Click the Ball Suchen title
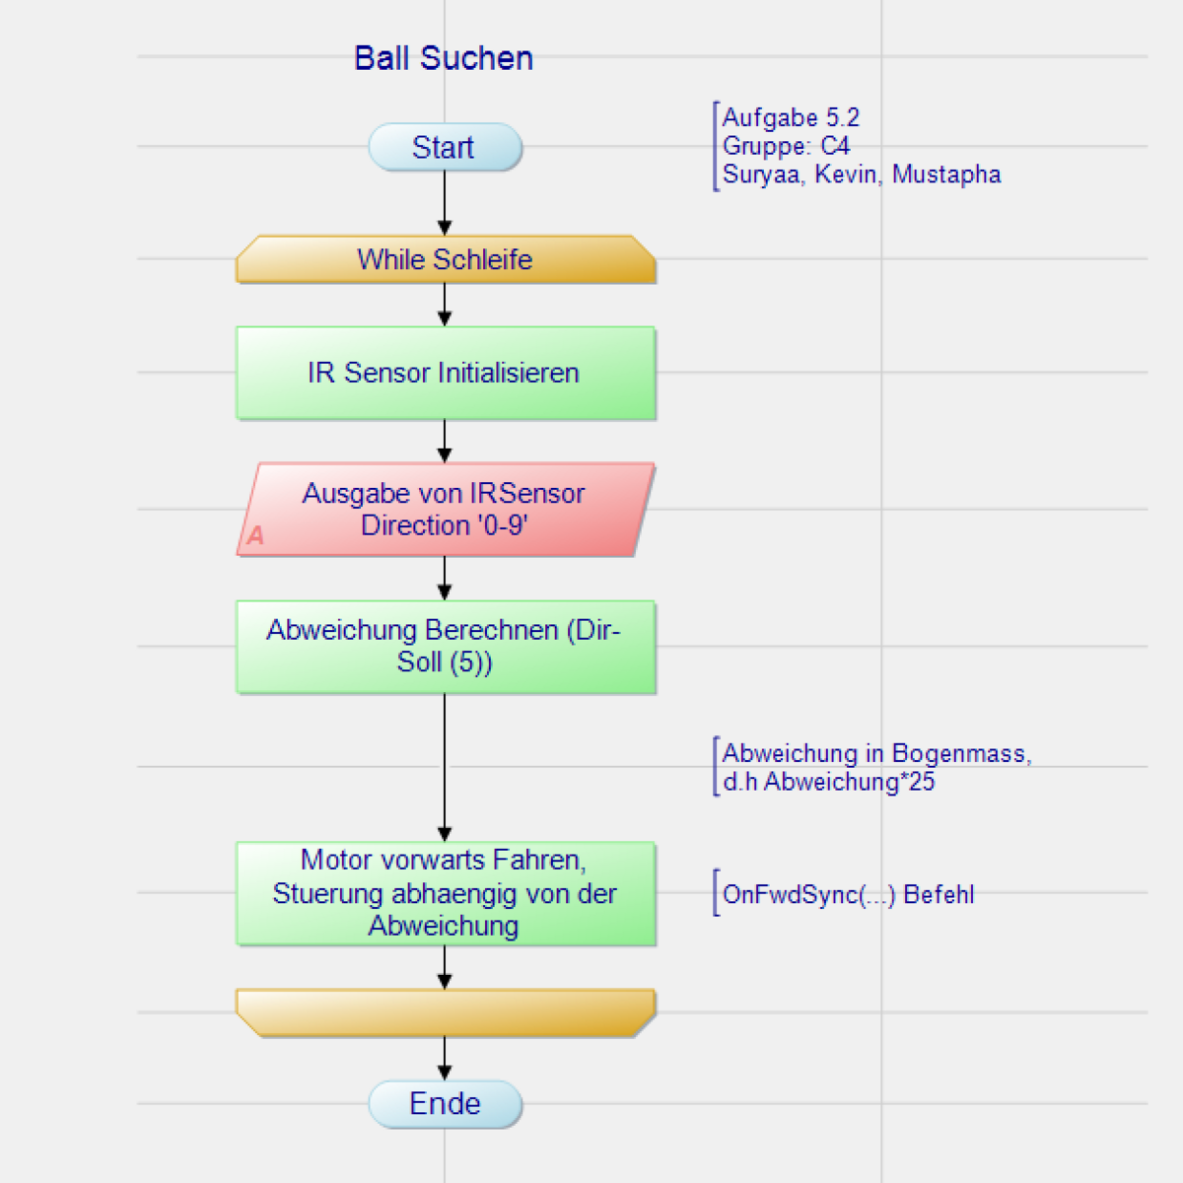[x=444, y=58]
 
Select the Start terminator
[x=445, y=147]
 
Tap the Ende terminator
[x=445, y=1104]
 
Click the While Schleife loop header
[x=445, y=259]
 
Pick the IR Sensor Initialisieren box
[x=445, y=373]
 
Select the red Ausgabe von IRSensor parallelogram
[x=445, y=509]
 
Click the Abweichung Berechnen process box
[x=445, y=647]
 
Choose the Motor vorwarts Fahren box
[x=445, y=893]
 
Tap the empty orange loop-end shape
[x=445, y=1012]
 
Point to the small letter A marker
[x=255, y=535]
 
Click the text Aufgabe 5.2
[x=791, y=118]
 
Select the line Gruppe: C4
[x=786, y=146]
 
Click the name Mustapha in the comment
[x=946, y=174]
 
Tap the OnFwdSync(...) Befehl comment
[x=848, y=894]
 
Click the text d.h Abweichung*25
[x=828, y=782]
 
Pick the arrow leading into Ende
[x=445, y=1058]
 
